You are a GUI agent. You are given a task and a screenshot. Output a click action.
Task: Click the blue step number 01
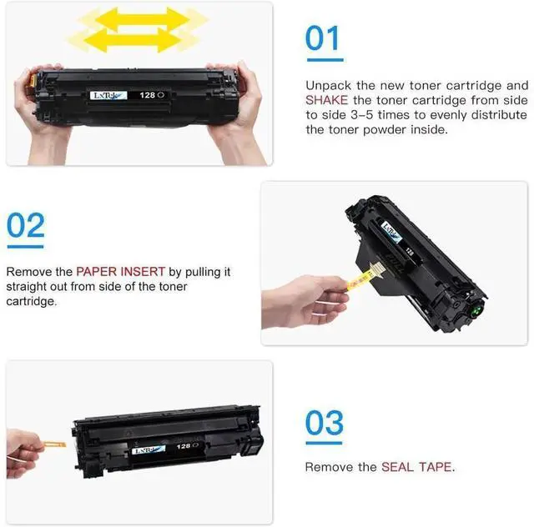click(322, 38)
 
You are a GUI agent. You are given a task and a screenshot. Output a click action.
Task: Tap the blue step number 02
click(26, 225)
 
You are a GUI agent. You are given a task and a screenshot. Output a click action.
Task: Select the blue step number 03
click(325, 423)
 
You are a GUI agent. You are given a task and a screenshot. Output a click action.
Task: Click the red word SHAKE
click(326, 100)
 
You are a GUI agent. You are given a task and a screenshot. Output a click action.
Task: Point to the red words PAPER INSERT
click(120, 272)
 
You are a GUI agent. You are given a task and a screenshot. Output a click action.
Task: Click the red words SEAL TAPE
click(416, 467)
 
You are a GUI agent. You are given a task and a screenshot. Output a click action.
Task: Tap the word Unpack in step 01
click(328, 86)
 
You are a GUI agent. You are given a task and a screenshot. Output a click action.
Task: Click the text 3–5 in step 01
click(362, 115)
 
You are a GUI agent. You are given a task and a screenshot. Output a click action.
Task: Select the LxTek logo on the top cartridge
click(108, 95)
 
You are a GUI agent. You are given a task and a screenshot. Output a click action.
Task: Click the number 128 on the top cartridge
click(148, 95)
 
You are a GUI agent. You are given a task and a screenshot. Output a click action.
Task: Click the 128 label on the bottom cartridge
click(184, 446)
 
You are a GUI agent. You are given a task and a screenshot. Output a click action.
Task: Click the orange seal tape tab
click(54, 444)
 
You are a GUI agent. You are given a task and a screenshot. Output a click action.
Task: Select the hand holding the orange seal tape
click(23, 453)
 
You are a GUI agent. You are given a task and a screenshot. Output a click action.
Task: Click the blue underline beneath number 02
click(26, 247)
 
